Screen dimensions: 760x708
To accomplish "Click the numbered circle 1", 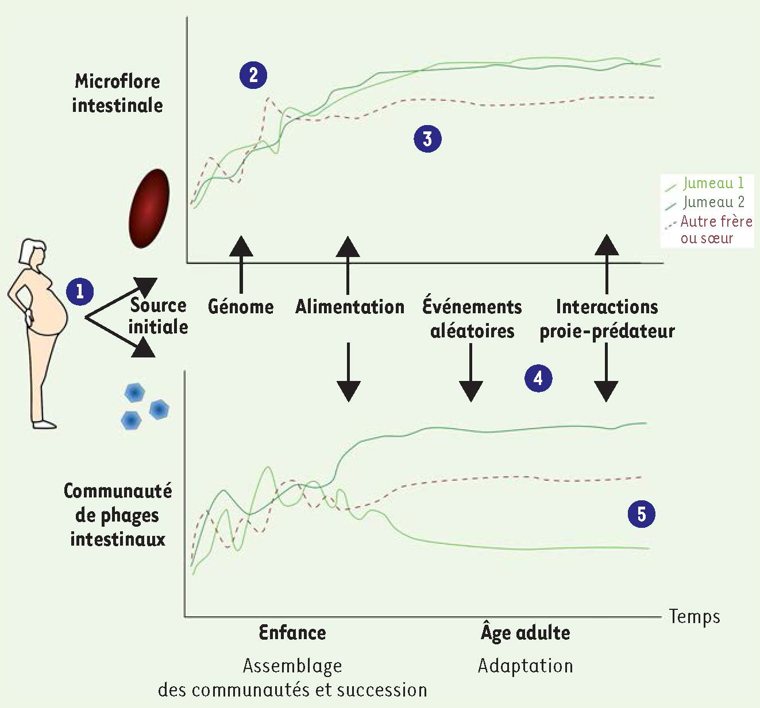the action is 80,291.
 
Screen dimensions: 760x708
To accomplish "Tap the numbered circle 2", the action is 253,75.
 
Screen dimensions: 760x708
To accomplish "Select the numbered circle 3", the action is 427,139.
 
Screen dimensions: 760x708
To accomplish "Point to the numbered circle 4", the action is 538,379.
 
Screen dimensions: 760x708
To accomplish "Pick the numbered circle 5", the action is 641,514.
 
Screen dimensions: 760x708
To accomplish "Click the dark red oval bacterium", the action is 149,208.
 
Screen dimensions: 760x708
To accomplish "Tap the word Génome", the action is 241,306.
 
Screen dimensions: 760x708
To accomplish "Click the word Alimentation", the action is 350,306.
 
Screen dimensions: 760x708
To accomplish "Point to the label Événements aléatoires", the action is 472,318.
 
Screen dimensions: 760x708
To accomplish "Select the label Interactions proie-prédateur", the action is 607,318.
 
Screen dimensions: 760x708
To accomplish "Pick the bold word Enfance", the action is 292,633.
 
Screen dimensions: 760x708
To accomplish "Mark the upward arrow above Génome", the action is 241,264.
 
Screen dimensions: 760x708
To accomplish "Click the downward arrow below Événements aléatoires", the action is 470,372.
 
